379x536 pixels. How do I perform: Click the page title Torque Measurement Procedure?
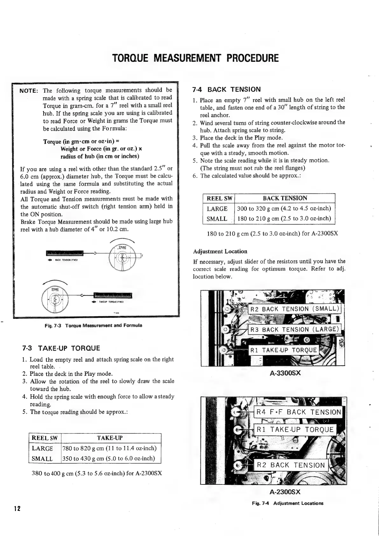(195, 58)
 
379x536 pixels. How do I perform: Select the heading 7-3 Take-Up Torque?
(61, 348)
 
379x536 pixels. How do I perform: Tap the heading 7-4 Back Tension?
(227, 89)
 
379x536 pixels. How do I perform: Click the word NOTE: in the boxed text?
(29, 90)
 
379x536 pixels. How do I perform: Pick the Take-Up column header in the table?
(110, 438)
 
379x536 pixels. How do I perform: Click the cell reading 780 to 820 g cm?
(110, 448)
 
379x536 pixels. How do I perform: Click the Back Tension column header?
(284, 198)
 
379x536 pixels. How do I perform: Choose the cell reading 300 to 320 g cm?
(284, 209)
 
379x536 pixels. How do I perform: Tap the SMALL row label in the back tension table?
(217, 219)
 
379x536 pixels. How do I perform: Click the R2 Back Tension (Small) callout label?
(294, 309)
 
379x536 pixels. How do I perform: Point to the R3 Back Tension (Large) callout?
(294, 329)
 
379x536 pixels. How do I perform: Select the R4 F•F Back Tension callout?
(298, 412)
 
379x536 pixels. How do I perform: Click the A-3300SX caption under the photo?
(285, 373)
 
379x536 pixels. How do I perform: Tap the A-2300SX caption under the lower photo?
(285, 492)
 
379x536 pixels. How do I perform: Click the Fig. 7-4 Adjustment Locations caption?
(287, 503)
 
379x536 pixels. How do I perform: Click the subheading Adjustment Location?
(220, 251)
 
